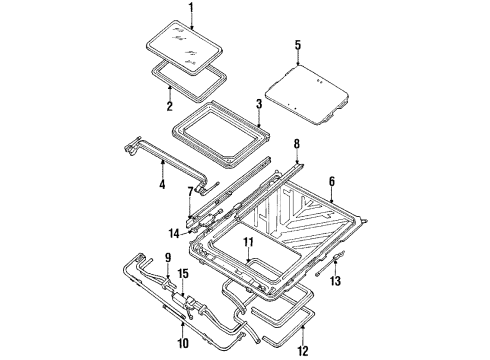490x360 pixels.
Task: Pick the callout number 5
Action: (x=297, y=45)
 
